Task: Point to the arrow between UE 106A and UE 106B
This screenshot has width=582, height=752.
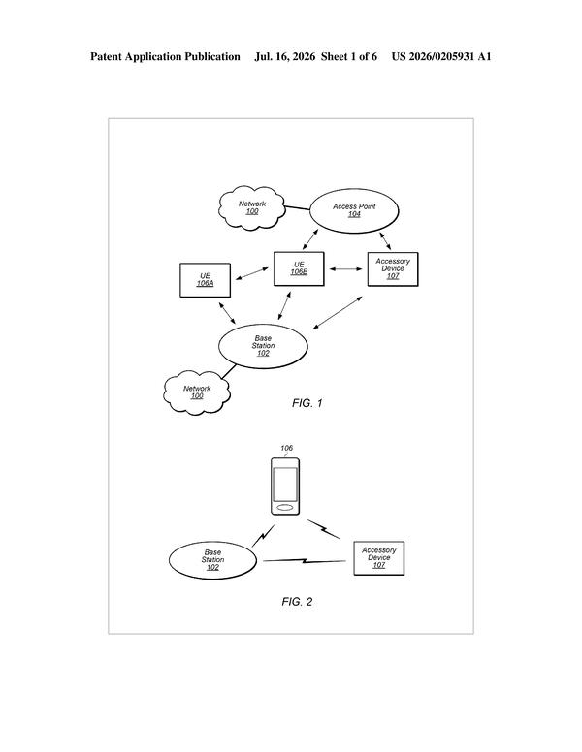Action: click(251, 274)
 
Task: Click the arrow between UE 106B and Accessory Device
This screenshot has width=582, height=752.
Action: click(345, 269)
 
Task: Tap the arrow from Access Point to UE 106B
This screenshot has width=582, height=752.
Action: click(310, 239)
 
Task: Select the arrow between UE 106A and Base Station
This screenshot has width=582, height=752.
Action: click(227, 313)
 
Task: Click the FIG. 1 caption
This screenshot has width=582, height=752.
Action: click(307, 403)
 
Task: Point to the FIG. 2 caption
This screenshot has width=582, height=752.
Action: click(297, 602)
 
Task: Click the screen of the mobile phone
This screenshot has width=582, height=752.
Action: click(285, 485)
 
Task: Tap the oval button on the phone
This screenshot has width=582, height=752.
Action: click(285, 508)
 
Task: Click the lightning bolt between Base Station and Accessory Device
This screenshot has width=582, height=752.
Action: click(305, 560)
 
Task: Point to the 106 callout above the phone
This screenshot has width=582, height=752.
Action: click(287, 448)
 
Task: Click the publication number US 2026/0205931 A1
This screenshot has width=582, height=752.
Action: click(441, 56)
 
